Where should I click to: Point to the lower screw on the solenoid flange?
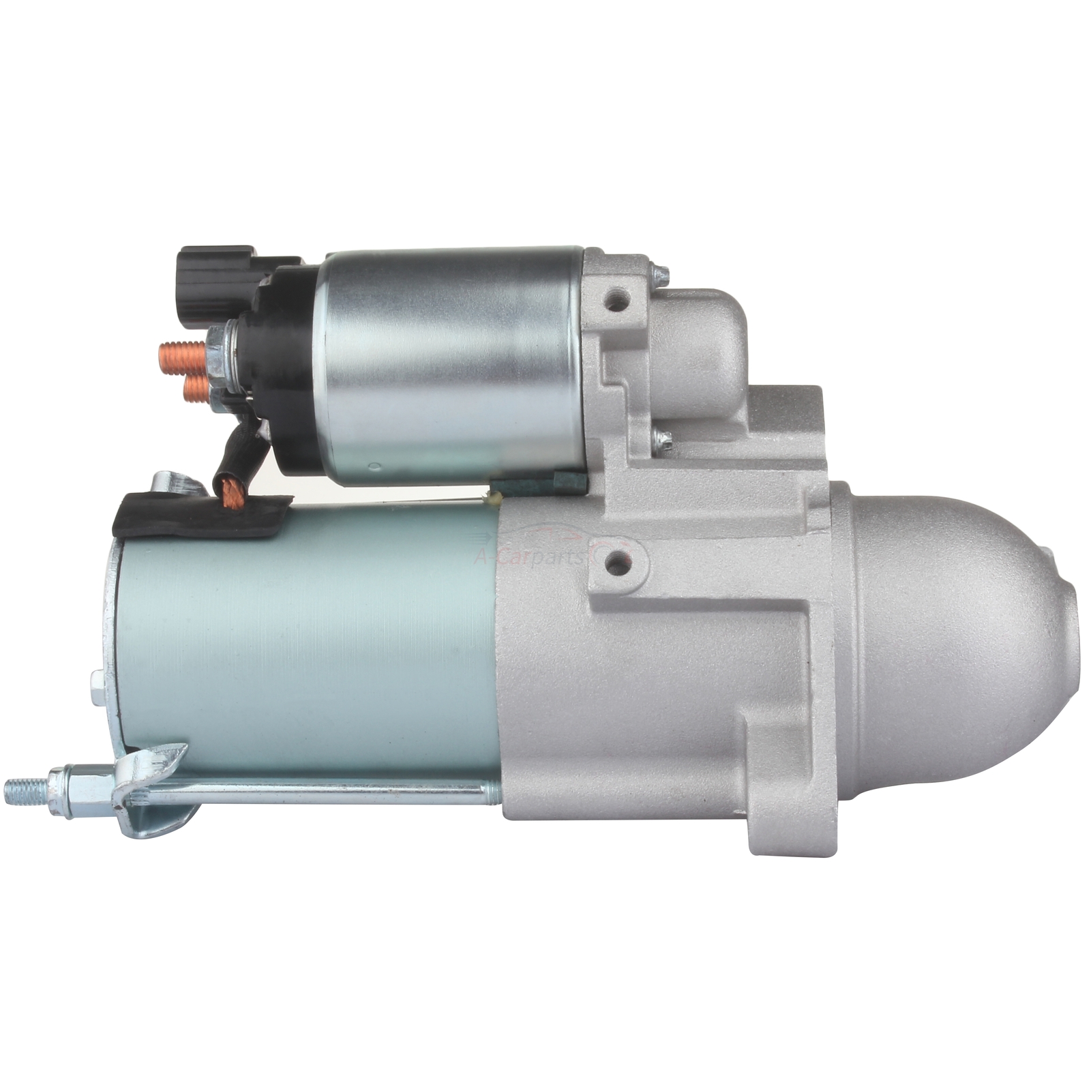[661, 440]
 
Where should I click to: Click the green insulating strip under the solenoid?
[539, 483]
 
